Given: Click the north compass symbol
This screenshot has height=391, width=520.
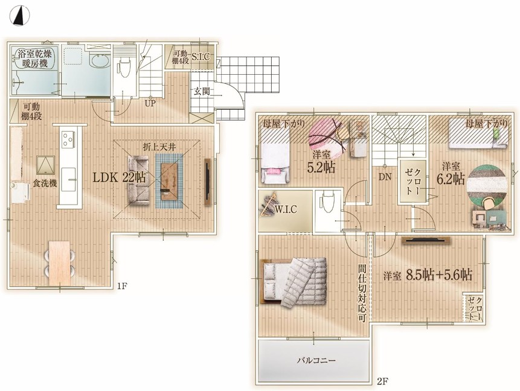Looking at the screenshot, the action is click(x=19, y=16).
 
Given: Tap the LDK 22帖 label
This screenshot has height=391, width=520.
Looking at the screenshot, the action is click(x=119, y=177).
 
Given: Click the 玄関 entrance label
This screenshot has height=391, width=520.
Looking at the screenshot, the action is click(x=202, y=92).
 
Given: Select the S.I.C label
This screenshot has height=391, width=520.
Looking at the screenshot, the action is click(x=201, y=57).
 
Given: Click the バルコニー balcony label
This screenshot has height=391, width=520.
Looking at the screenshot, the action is click(x=316, y=360).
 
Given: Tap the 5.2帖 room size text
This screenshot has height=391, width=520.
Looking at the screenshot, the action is click(x=321, y=167).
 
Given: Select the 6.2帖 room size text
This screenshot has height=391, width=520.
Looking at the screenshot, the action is click(x=451, y=179).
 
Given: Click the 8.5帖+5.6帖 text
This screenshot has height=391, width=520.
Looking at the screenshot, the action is click(x=439, y=275).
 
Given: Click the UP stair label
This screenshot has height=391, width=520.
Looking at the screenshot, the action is click(x=150, y=104).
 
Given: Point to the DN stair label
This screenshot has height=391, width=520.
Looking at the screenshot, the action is click(x=385, y=177).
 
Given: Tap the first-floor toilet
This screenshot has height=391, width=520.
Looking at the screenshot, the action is click(x=124, y=67).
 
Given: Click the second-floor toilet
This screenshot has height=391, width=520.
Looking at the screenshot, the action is click(x=326, y=203).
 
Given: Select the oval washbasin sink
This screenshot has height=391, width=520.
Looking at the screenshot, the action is click(x=100, y=61).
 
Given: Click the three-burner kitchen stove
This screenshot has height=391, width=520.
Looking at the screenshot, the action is click(x=68, y=139).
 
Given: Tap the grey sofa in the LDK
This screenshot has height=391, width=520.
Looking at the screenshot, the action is click(x=139, y=180).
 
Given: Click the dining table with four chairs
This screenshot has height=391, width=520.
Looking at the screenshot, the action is click(x=60, y=263).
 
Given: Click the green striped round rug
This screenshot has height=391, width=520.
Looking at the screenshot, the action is click(x=487, y=184).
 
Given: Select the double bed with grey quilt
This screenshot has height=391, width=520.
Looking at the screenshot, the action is click(x=295, y=282).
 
